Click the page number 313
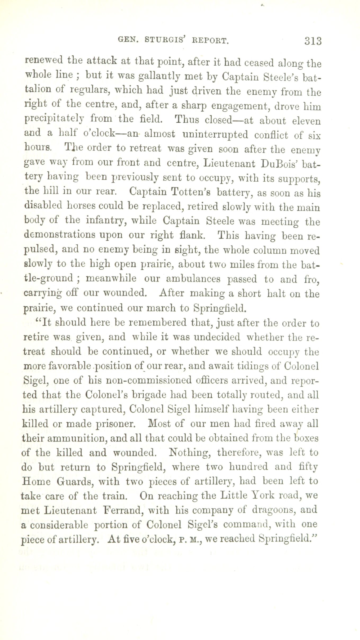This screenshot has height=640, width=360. (313, 41)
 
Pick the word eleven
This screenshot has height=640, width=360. (306, 121)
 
